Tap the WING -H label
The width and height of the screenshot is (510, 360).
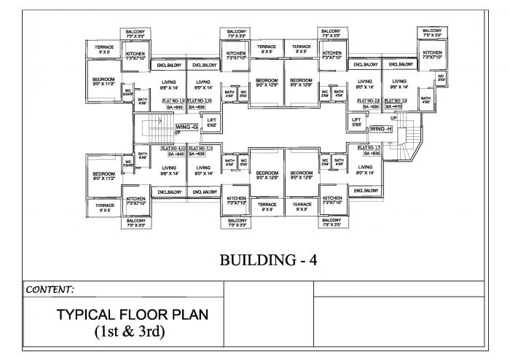pos(381,128)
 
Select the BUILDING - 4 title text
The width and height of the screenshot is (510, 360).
pos(267,259)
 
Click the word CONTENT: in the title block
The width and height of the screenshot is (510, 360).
pos(50,289)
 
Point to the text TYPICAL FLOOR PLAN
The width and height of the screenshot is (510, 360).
pos(132,315)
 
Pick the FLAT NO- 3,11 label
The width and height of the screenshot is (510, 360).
pos(200,148)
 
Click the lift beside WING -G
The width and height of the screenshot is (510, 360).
pos(211,122)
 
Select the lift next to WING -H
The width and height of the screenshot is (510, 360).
pos(357,122)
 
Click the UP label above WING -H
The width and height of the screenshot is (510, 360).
pos(393,117)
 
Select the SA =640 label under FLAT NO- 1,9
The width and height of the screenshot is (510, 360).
pos(174,107)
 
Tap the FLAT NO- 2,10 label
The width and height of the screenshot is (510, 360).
pos(200,100)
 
